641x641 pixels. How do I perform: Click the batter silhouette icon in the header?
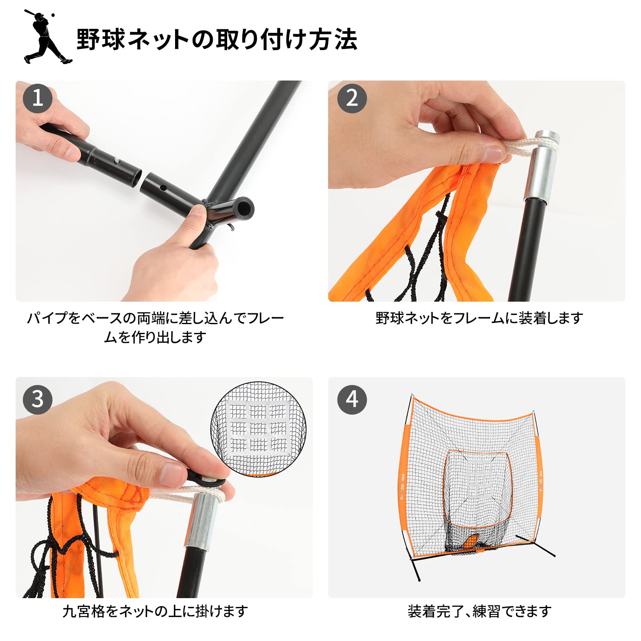click(47, 37)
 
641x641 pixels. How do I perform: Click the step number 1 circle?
click(38, 98)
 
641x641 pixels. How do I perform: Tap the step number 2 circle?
click(352, 98)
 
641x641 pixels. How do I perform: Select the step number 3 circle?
click(38, 399)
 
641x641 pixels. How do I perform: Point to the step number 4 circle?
click(352, 399)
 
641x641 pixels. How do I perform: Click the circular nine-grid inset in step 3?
click(258, 429)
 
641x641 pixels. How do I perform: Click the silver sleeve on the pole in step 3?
click(202, 521)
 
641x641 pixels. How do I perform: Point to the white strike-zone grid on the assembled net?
click(480, 479)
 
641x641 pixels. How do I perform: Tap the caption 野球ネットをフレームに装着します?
click(479, 318)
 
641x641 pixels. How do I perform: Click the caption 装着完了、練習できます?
click(479, 611)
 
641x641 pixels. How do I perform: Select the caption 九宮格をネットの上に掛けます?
click(155, 611)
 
